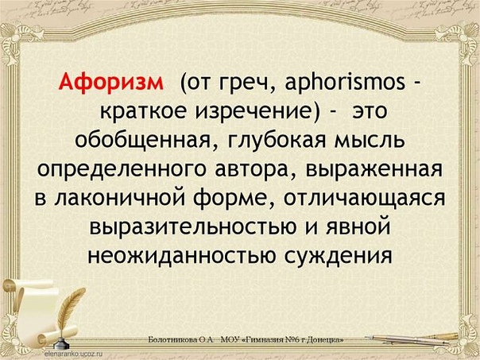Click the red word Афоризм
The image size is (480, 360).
pos(111,83)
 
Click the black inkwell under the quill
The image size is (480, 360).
pos(61,343)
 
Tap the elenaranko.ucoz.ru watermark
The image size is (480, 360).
pos(73,353)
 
